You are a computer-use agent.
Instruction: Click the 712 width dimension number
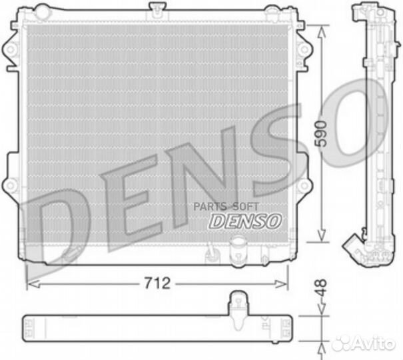157,283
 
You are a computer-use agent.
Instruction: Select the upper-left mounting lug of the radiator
9,48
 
